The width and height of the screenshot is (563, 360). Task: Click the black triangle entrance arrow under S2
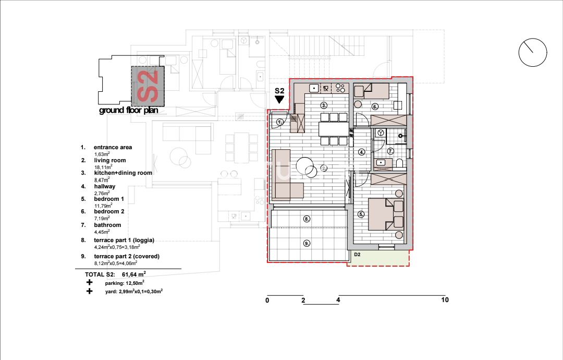[x=279, y=100]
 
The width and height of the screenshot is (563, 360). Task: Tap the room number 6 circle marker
[x=375, y=107]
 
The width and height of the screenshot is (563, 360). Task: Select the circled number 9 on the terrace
[x=307, y=243]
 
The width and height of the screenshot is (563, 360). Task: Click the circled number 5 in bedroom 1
[x=361, y=214]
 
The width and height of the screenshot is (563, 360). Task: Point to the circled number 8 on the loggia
[x=307, y=219]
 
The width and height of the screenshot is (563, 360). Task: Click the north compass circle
[x=533, y=53]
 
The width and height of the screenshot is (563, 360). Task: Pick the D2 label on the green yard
[x=357, y=255]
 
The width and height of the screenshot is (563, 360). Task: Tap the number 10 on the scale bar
[x=445, y=300]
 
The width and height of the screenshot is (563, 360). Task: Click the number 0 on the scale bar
[x=267, y=301]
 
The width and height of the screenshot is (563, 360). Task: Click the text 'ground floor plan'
[x=129, y=110]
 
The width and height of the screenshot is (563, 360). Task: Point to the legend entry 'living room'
[x=110, y=160]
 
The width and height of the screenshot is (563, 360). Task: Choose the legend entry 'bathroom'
[x=107, y=225]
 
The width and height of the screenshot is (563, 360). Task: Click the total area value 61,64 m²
[x=134, y=274]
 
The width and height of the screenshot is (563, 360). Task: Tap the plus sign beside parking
[x=90, y=282]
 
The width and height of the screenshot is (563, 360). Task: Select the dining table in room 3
[x=334, y=129]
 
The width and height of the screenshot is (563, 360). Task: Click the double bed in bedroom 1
[x=386, y=214]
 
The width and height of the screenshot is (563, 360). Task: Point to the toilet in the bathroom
[x=400, y=163]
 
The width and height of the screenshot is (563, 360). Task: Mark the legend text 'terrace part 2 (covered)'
[x=127, y=256]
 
